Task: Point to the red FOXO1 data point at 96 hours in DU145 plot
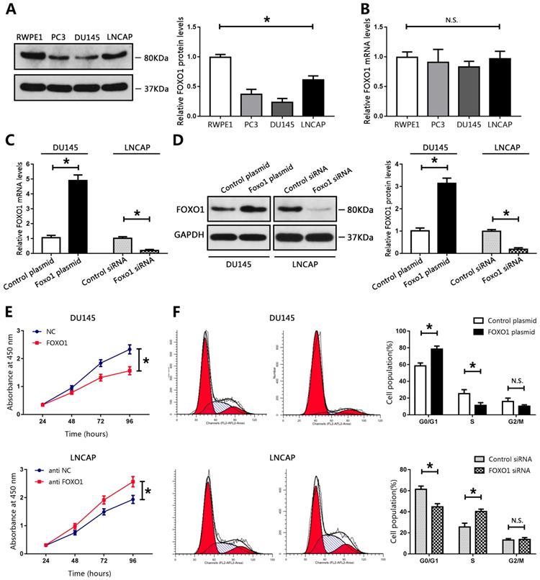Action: [x=129, y=371]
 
